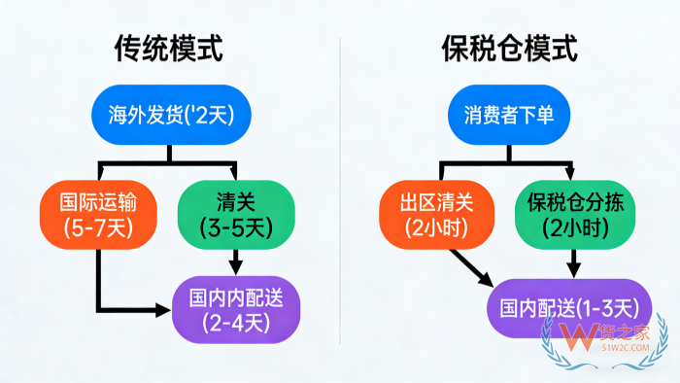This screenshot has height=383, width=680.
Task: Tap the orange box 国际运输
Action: click(98, 216)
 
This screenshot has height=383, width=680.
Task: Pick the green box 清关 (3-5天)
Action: click(235, 216)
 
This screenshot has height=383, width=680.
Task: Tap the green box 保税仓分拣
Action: click(574, 216)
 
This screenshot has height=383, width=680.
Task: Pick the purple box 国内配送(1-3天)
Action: click(569, 309)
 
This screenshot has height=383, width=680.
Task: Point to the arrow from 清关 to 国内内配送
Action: click(235, 261)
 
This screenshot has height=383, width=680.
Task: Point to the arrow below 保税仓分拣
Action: click(574, 261)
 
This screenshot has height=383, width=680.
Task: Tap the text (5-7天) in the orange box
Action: click(98, 230)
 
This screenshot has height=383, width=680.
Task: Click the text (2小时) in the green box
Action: click(574, 230)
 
